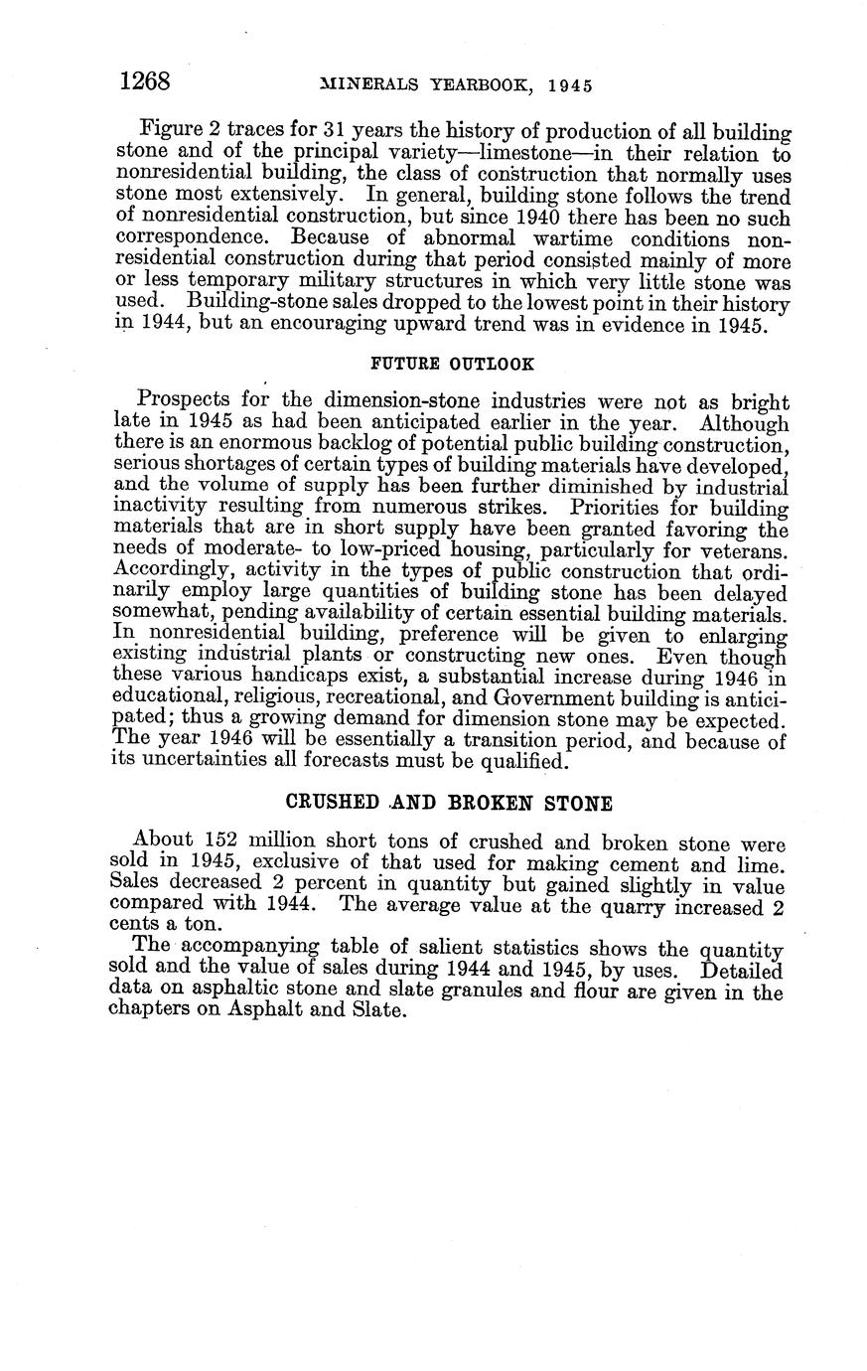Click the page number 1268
pyautogui.click(x=145, y=81)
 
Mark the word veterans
pyautogui.click(x=744, y=550)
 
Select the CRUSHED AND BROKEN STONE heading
pyautogui.click(x=449, y=802)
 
